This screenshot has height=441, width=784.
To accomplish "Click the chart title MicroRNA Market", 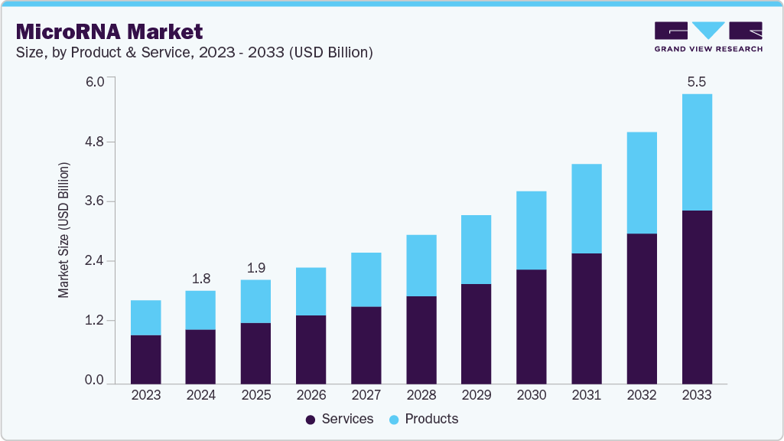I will (109, 31).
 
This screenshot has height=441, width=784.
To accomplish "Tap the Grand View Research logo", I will (708, 36).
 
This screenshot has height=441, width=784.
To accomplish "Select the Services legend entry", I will (339, 419).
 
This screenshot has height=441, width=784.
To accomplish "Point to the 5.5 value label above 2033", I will (696, 82).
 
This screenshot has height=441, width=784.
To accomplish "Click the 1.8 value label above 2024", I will (201, 279).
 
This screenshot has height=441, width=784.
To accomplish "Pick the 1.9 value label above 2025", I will (255, 268).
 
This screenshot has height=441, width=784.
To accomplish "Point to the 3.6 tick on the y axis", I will (95, 201).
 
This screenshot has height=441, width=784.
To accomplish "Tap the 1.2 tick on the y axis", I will (95, 321).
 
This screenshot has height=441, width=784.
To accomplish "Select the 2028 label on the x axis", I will (421, 395).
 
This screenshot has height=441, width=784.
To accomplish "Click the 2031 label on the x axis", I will (586, 395).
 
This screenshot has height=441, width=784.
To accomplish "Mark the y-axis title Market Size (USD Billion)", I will (64, 230).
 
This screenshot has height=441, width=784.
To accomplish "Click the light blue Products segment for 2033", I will (697, 152).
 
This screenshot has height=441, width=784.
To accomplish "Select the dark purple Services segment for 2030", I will (532, 326).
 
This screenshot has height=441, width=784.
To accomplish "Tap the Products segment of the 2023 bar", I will (146, 318).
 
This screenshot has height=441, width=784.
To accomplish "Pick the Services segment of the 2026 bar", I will (311, 349).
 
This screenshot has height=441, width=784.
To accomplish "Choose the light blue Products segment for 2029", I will (477, 250).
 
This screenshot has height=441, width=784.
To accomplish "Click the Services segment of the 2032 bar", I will (642, 309).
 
